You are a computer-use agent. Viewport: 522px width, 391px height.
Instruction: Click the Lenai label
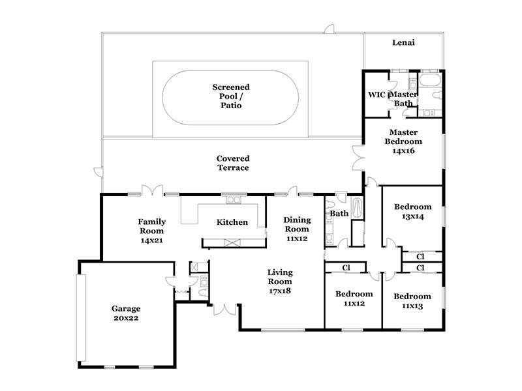(403, 42)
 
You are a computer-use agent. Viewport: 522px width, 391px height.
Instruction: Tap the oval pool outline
(230, 70)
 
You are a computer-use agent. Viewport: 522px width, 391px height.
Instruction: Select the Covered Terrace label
(233, 163)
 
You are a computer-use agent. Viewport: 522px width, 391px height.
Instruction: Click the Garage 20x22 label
(126, 313)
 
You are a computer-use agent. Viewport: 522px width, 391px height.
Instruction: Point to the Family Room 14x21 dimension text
(152, 240)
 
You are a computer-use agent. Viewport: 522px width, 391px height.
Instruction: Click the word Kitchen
(232, 222)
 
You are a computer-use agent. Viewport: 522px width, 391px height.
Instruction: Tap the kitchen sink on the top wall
(234, 199)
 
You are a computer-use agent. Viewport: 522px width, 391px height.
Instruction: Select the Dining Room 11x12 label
(297, 229)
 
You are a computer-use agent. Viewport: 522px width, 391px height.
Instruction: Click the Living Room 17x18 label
(280, 282)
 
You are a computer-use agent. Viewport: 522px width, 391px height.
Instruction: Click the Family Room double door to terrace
(153, 190)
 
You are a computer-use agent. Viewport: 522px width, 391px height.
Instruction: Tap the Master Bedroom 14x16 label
(403, 141)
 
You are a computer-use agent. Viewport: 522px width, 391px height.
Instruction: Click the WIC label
(376, 94)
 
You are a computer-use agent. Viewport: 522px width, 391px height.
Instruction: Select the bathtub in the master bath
(430, 80)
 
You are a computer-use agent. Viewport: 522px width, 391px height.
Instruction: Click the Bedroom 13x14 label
(413, 211)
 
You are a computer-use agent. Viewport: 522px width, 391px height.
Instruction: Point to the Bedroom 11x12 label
(354, 298)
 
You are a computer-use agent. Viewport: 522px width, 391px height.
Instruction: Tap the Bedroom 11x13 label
(412, 301)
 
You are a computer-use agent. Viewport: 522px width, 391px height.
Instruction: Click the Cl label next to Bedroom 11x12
(346, 268)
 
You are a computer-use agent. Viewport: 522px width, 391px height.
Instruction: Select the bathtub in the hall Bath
(357, 208)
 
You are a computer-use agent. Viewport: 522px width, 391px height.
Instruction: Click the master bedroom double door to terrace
(359, 158)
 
